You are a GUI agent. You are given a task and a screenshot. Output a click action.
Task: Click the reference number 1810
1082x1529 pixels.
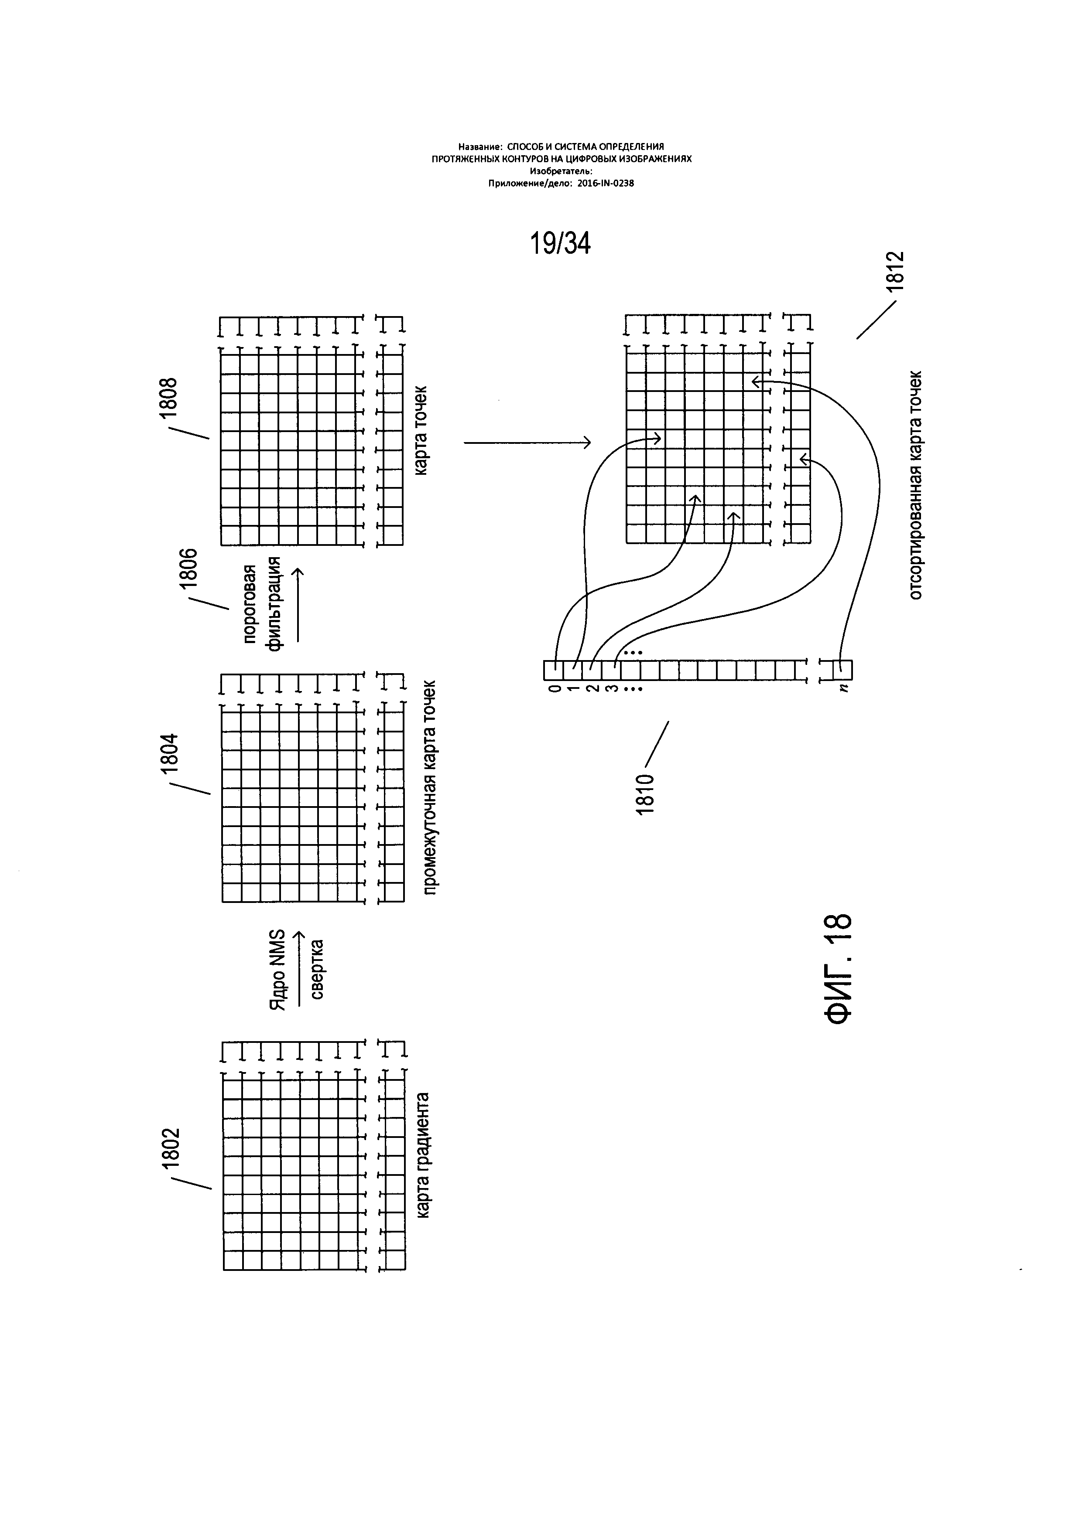click(646, 794)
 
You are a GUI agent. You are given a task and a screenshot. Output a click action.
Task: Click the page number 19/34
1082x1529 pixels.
click(560, 244)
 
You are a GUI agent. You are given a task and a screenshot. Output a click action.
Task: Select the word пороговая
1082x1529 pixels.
click(250, 604)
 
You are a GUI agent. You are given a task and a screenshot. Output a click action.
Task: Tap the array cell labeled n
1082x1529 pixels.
click(844, 669)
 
